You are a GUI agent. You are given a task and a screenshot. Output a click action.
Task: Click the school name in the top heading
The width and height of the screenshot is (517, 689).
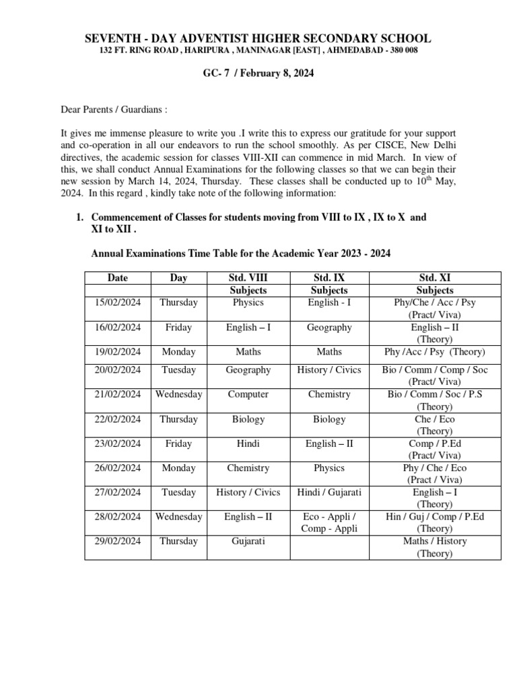pos(258,38)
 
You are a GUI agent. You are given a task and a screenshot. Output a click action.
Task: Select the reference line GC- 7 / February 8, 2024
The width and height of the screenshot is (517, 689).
pos(258,73)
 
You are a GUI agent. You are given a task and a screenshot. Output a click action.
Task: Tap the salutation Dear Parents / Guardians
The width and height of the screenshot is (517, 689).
pos(115,109)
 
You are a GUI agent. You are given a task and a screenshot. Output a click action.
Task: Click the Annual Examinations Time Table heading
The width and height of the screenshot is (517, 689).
pos(240,253)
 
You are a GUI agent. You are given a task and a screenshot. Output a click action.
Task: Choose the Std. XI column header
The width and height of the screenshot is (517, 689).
pos(435,278)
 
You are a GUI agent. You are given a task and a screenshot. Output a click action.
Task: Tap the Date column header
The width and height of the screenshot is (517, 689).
pos(117,278)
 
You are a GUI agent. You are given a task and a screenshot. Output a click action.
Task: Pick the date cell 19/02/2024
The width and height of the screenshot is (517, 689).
pos(117,352)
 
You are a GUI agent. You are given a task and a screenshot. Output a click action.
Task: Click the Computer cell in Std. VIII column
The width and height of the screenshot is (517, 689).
pos(248,394)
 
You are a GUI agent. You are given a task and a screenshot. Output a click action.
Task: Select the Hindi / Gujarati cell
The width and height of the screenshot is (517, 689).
pos(329,493)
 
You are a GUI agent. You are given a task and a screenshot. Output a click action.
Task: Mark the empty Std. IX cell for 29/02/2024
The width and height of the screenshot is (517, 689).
pos(329,547)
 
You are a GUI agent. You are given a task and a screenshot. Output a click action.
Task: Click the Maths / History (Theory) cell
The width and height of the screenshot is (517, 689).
pos(435,547)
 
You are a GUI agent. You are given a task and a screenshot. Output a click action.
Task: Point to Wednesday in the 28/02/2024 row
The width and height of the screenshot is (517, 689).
pos(178,517)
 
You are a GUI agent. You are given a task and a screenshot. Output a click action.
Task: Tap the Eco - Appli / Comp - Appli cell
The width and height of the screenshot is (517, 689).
pos(329,523)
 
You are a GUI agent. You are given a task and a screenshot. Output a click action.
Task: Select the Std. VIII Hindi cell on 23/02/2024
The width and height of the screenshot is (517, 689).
pos(248,443)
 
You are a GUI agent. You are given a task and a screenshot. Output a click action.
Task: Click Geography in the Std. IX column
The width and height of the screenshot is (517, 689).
pos(329,327)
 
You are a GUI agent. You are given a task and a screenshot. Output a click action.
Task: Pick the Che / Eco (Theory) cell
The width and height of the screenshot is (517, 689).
pos(435,425)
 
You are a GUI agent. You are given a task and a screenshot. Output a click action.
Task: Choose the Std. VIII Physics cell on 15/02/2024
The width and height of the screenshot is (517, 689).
pos(248,302)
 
